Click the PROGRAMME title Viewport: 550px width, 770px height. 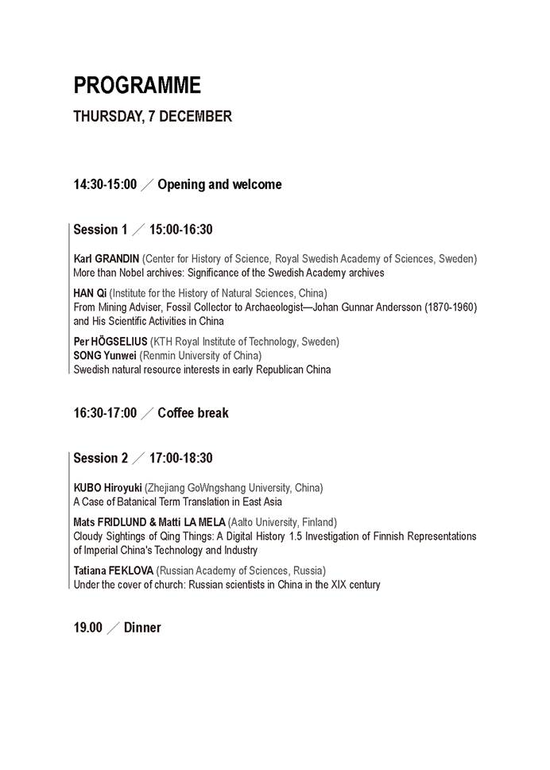[137, 85]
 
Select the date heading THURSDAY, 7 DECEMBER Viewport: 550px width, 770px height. [153, 117]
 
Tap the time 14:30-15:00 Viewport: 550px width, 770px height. [105, 185]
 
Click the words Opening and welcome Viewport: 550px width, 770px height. [219, 185]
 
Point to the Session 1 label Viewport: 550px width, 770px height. [100, 230]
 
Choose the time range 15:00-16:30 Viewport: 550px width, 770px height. [180, 230]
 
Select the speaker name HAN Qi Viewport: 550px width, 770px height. [90, 292]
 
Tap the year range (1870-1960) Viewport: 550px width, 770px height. [448, 307]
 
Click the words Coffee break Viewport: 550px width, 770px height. [193, 413]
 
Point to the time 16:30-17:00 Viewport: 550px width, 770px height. [105, 413]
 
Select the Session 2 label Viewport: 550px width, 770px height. [100, 459]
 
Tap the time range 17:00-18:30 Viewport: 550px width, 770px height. [180, 459]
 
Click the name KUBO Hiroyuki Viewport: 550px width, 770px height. [107, 488]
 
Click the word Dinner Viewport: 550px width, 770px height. [142, 628]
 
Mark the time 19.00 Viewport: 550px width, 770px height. [88, 628]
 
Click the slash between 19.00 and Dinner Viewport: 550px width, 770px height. [114, 628]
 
